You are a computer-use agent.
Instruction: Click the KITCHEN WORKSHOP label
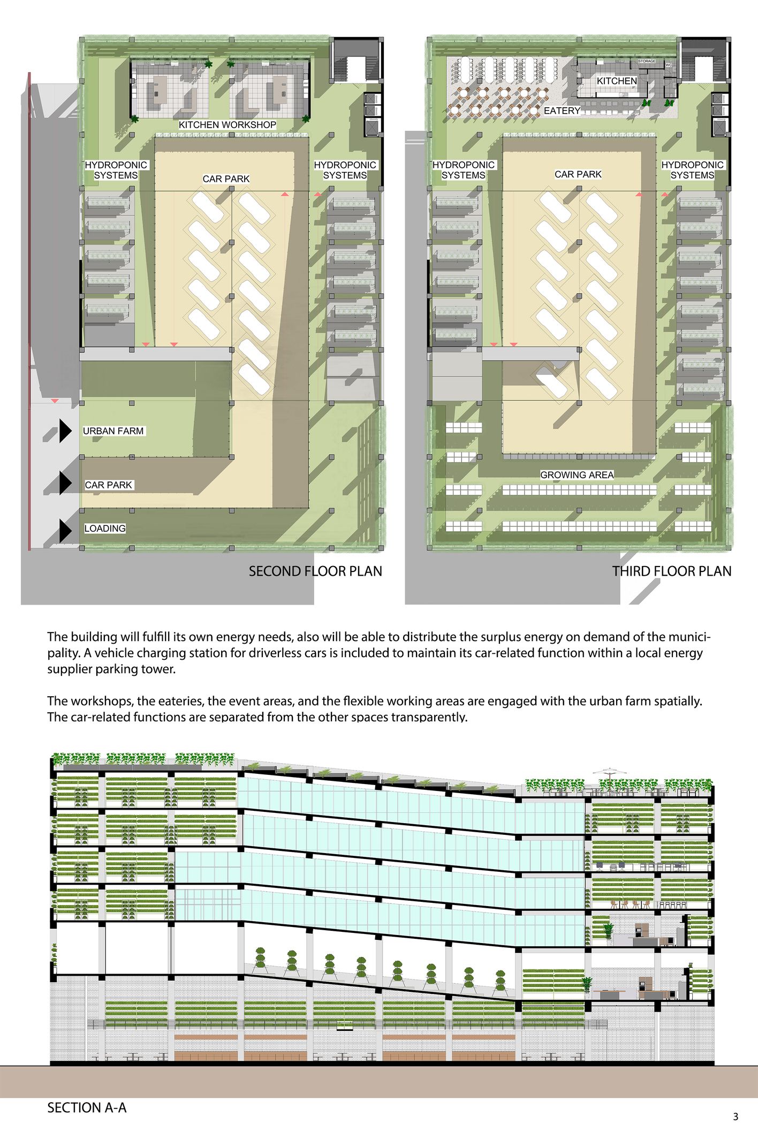pyautogui.click(x=228, y=125)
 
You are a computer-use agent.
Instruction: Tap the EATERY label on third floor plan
pyautogui.click(x=562, y=111)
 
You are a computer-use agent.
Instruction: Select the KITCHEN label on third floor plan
pyautogui.click(x=617, y=81)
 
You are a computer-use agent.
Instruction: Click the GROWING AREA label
pyautogui.click(x=577, y=475)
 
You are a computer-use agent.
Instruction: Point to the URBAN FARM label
pyautogui.click(x=113, y=431)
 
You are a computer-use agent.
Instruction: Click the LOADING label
pyautogui.click(x=105, y=529)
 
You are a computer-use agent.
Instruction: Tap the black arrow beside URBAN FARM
pyautogui.click(x=65, y=431)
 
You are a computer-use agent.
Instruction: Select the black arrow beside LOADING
pyautogui.click(x=65, y=530)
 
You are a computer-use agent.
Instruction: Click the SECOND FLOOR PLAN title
pyautogui.click(x=315, y=571)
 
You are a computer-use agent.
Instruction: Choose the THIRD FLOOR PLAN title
pyautogui.click(x=671, y=571)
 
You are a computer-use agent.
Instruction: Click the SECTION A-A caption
pyautogui.click(x=87, y=1108)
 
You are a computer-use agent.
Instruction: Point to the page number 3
pyautogui.click(x=736, y=1117)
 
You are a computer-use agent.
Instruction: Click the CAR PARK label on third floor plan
pyautogui.click(x=578, y=175)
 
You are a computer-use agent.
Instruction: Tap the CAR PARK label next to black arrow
pyautogui.click(x=108, y=485)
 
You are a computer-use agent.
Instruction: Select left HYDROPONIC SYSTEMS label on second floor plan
pyautogui.click(x=116, y=170)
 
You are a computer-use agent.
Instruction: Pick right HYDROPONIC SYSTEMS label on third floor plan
pyautogui.click(x=692, y=170)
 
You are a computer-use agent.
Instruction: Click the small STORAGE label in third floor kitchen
pyautogui.click(x=647, y=62)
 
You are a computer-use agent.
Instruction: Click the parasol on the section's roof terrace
pyautogui.click(x=610, y=772)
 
